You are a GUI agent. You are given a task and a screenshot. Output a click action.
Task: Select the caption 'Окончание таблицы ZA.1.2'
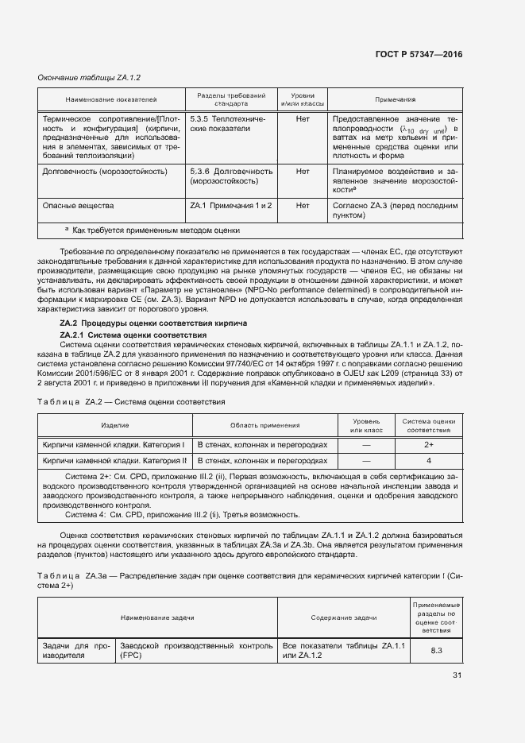click(x=89, y=77)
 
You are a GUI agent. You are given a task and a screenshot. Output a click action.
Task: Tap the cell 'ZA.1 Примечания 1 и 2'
click(x=231, y=205)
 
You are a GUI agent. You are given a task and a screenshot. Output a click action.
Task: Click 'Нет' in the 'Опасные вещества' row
click(x=302, y=205)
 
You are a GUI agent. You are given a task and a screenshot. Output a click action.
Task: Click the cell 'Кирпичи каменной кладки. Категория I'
click(x=114, y=445)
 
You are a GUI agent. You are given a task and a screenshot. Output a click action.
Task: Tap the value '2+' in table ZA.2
click(x=429, y=445)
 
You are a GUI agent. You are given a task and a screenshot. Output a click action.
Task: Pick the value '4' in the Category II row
click(x=429, y=460)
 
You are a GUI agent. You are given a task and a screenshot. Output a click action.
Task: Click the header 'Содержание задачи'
click(x=344, y=617)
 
